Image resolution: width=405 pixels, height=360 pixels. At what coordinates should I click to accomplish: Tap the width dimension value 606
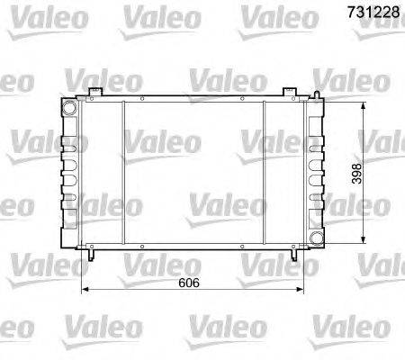[185, 283]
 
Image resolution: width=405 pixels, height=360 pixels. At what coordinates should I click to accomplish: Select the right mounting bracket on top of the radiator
[289, 94]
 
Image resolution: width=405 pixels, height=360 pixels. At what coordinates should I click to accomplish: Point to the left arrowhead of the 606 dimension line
[85, 290]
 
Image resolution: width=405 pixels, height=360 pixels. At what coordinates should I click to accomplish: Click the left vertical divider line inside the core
[122, 171]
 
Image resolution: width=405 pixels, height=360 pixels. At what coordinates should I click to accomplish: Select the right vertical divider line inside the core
[263, 171]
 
